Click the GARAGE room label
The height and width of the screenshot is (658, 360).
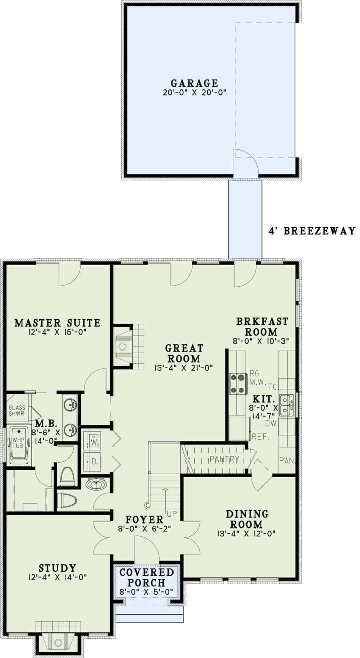[194, 83]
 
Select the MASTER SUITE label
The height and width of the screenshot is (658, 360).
[58, 323]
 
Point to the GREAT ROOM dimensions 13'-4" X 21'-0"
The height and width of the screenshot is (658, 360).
[184, 367]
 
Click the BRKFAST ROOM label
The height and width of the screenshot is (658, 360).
[262, 327]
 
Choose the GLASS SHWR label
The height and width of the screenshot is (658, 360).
[17, 411]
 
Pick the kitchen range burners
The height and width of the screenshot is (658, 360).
[238, 384]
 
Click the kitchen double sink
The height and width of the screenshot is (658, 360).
[286, 403]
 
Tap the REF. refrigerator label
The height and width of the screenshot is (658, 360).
[261, 437]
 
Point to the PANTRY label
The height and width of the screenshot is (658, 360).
[224, 460]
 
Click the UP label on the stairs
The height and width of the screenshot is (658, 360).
[172, 514]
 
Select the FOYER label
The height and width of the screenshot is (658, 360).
[144, 519]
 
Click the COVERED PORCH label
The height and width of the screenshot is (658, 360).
[147, 577]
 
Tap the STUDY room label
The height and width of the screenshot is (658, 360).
[58, 568]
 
